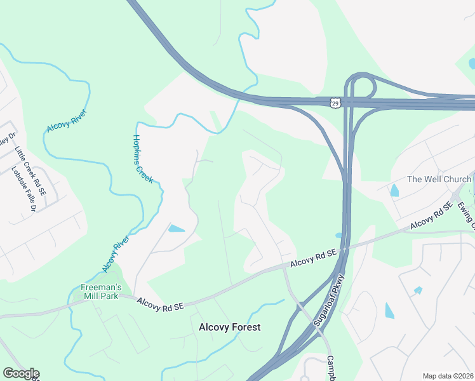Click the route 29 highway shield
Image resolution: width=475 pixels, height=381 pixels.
(x=335, y=102)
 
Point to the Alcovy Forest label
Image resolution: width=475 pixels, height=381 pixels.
(x=230, y=327)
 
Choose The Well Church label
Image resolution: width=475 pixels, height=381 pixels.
(x=439, y=179)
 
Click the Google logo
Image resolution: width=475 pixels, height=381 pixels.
(x=21, y=373)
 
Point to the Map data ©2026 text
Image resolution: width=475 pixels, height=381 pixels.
(x=448, y=376)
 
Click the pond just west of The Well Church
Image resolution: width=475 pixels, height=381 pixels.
(x=394, y=190)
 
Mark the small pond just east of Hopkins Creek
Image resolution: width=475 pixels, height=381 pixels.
(x=177, y=228)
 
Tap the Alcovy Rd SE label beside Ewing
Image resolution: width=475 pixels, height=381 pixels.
(x=431, y=216)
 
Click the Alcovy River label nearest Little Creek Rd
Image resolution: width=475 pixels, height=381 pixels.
(x=66, y=121)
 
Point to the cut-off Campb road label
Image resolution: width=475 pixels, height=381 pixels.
(x=330, y=368)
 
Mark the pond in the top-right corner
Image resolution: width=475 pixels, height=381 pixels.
(x=471, y=63)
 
